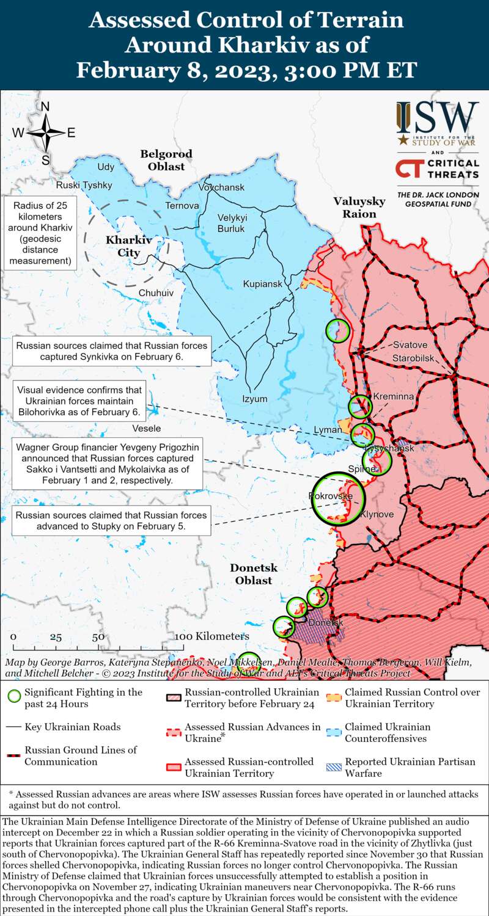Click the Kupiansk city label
[263, 284]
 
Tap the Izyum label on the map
[255, 399]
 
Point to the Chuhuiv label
[156, 293]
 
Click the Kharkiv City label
[128, 246]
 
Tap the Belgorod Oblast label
[166, 160]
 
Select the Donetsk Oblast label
[254, 574]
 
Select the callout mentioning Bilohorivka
[79, 401]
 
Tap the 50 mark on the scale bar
[98, 637]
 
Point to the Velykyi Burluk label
[231, 224]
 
